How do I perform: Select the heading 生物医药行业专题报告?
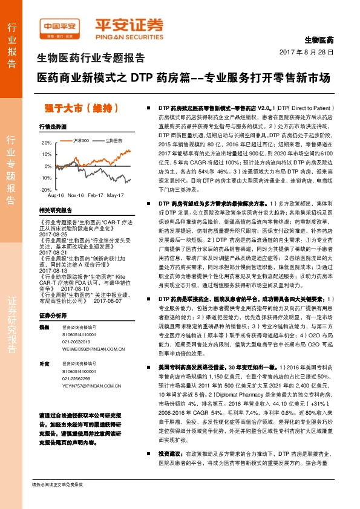point(91,59)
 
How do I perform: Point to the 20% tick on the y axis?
point(47,143)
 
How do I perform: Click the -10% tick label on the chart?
point(47,178)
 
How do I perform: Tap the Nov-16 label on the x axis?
point(75,196)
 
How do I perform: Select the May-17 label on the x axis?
point(115,196)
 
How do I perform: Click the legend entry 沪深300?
point(80,140)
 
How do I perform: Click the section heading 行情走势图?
point(52,128)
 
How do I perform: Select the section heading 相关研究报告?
point(55,210)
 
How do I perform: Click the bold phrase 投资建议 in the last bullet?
point(171,470)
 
